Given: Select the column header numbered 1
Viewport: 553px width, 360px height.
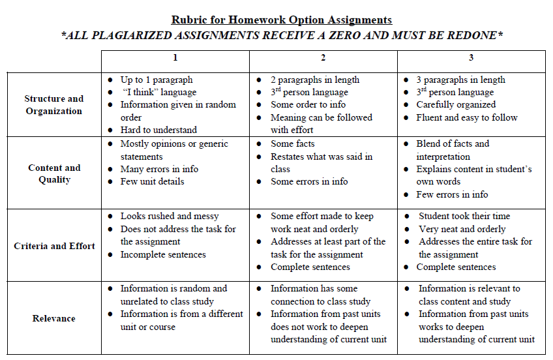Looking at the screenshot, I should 175,58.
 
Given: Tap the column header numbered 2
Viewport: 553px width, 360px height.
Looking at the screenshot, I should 323,58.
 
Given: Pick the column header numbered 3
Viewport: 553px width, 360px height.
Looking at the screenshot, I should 471,58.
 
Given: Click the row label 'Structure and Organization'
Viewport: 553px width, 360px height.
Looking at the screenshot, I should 54,105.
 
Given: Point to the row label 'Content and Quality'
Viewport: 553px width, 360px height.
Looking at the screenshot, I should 54,173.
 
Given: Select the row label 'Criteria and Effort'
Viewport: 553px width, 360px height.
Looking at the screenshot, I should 54,247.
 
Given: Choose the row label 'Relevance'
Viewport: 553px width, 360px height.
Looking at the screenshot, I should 54,318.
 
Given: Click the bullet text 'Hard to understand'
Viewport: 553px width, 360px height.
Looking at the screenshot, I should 158,130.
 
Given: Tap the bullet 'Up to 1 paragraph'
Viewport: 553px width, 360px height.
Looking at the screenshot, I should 157,80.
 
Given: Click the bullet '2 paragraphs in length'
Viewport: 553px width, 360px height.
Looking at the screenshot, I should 315,80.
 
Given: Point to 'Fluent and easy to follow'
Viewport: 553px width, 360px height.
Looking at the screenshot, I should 467,117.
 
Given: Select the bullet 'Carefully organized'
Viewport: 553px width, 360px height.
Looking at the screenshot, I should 456,104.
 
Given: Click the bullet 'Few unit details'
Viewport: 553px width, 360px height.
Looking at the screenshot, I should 152,181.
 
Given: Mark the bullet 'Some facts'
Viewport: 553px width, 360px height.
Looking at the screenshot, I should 293,143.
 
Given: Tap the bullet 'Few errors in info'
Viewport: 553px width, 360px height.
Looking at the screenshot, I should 452,194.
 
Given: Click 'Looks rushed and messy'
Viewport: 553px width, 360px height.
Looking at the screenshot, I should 170,216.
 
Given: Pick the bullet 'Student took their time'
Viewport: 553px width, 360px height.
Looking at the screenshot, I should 464,216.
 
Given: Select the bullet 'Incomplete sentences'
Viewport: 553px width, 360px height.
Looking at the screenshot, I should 163,254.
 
